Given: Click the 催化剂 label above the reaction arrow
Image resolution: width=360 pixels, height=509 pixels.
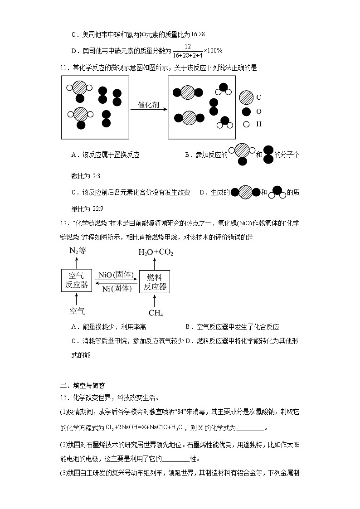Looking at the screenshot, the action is point(148,104).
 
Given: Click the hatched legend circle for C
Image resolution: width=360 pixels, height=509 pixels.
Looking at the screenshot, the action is point(246,97).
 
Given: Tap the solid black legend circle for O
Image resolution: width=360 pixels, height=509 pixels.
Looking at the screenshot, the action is point(246,111).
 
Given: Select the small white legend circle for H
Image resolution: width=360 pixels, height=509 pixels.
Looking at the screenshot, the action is point(246,124).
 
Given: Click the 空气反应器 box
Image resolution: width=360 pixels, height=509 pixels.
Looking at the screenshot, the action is point(76,281).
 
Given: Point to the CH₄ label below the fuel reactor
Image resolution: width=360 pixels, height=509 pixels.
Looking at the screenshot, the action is point(156,313).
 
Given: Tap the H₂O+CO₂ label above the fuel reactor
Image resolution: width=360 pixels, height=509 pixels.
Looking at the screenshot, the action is point(155,252).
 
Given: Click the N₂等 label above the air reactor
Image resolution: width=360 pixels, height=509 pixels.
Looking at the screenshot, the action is point(77,251).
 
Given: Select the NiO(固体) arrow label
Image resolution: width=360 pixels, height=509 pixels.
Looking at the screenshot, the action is point(116,275).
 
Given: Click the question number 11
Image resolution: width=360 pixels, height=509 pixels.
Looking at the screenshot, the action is point(63,68).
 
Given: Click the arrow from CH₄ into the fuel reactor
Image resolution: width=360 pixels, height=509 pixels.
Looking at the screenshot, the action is point(155,301).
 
